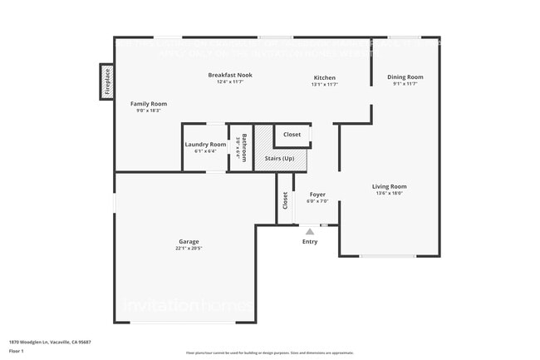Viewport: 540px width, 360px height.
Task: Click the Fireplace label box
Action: [x=106, y=81]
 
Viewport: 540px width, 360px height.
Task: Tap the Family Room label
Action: [x=149, y=103]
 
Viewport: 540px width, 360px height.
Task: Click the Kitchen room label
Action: [x=324, y=77]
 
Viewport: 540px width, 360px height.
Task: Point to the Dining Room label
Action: [x=405, y=77]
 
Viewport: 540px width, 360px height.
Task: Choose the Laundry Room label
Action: [x=205, y=145]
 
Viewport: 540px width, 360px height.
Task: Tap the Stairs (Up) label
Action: [x=279, y=158]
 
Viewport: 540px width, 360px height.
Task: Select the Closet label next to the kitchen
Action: [x=292, y=134]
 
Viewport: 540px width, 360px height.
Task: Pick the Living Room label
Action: [x=389, y=186]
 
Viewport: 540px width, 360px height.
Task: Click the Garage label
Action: [x=189, y=242]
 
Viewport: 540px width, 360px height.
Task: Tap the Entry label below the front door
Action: [x=310, y=242]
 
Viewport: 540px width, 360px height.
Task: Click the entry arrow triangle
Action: [x=310, y=231]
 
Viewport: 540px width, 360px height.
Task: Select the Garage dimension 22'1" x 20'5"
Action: [x=189, y=249]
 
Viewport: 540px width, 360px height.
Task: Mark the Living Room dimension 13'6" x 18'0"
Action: [x=389, y=193]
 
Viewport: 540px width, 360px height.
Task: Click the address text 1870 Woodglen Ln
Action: [x=50, y=342]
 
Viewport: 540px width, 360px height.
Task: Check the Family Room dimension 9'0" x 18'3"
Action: [x=149, y=110]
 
